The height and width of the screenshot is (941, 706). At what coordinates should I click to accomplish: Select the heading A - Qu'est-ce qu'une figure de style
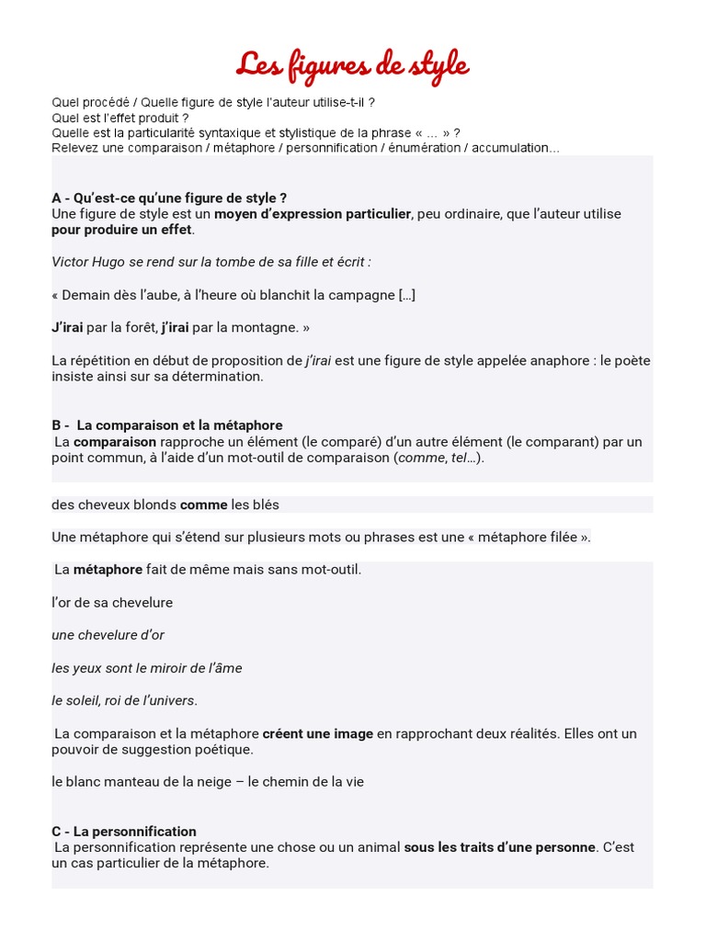point(169,198)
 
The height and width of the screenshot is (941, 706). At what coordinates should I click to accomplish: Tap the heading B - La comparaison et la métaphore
point(167,425)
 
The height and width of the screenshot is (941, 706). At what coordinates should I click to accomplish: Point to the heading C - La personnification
point(124,832)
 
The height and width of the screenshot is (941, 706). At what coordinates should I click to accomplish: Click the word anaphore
point(557,360)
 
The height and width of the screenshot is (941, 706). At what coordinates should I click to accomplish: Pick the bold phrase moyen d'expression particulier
point(313,214)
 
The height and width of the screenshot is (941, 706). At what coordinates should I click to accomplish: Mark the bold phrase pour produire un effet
point(122,230)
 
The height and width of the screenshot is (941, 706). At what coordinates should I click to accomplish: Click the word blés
point(267,505)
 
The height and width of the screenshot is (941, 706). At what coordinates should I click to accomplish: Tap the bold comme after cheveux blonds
point(203,505)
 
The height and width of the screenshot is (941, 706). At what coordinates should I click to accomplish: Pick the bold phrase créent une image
point(317,733)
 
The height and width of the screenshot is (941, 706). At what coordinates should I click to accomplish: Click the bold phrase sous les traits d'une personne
point(500,847)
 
